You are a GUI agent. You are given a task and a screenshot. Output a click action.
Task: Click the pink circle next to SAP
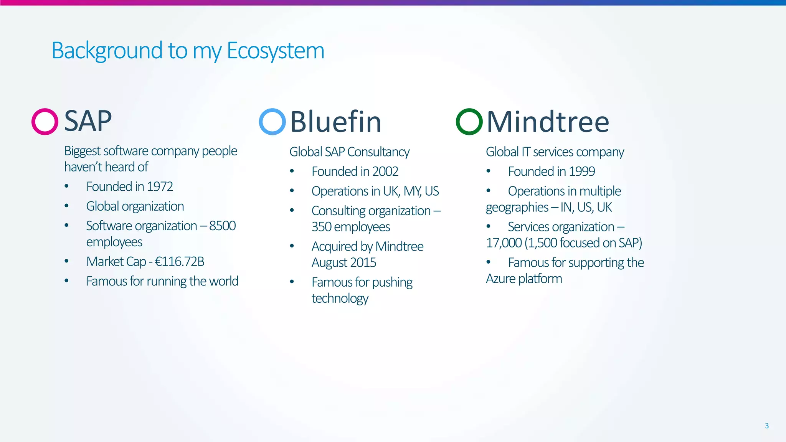(45, 122)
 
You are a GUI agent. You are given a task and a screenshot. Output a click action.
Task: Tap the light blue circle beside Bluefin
(272, 122)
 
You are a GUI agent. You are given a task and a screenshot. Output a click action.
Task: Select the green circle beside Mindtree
(469, 122)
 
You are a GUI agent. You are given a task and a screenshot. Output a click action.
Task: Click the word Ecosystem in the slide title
(276, 51)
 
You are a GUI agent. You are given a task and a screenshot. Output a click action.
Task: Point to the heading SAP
(88, 121)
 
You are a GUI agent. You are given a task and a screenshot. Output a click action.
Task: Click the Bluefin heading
(335, 122)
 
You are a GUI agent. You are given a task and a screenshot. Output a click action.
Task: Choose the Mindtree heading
(548, 122)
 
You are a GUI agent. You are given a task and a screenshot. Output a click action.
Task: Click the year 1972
(160, 186)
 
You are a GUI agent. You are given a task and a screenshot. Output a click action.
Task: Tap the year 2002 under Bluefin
(385, 172)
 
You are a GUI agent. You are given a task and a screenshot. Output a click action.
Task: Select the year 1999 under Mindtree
(582, 172)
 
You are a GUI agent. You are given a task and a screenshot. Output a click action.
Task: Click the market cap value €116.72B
(179, 262)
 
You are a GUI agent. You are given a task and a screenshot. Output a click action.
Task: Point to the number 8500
(223, 226)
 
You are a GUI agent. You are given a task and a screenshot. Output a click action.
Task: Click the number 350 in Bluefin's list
(321, 227)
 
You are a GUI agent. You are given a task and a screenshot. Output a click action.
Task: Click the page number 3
(766, 426)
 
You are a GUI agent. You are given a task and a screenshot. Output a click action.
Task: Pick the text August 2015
(344, 262)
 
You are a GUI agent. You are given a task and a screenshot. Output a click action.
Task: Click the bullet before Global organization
(66, 206)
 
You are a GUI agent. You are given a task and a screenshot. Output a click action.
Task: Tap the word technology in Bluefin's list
(340, 298)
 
